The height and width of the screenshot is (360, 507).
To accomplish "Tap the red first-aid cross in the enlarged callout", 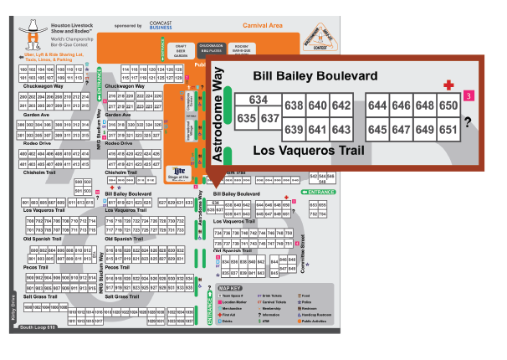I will point(448,85).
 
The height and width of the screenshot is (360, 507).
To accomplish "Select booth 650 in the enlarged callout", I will point(448,105).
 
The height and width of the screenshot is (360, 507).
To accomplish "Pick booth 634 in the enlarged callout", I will point(258,100).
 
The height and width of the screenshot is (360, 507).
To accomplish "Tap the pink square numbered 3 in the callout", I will point(469,95).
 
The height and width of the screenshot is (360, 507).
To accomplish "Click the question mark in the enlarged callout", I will point(469,120).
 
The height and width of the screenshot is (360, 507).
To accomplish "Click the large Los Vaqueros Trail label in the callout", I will point(310,151).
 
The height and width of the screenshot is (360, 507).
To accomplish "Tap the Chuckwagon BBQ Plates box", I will point(211,49).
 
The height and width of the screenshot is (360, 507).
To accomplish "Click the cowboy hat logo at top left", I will point(33,33).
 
